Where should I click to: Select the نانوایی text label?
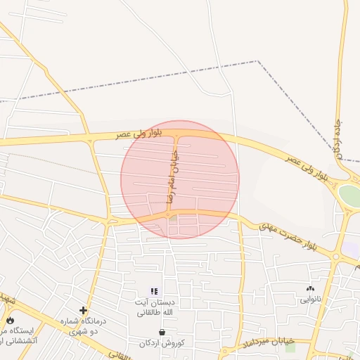(x=310, y=299)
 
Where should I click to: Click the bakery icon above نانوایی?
(x=310, y=288)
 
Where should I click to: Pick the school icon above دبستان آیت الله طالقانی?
(x=155, y=291)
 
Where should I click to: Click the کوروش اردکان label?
(x=162, y=343)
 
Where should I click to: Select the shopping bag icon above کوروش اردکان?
(x=162, y=332)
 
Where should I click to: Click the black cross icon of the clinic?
(x=84, y=310)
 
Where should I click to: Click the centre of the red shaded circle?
(x=180, y=179)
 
